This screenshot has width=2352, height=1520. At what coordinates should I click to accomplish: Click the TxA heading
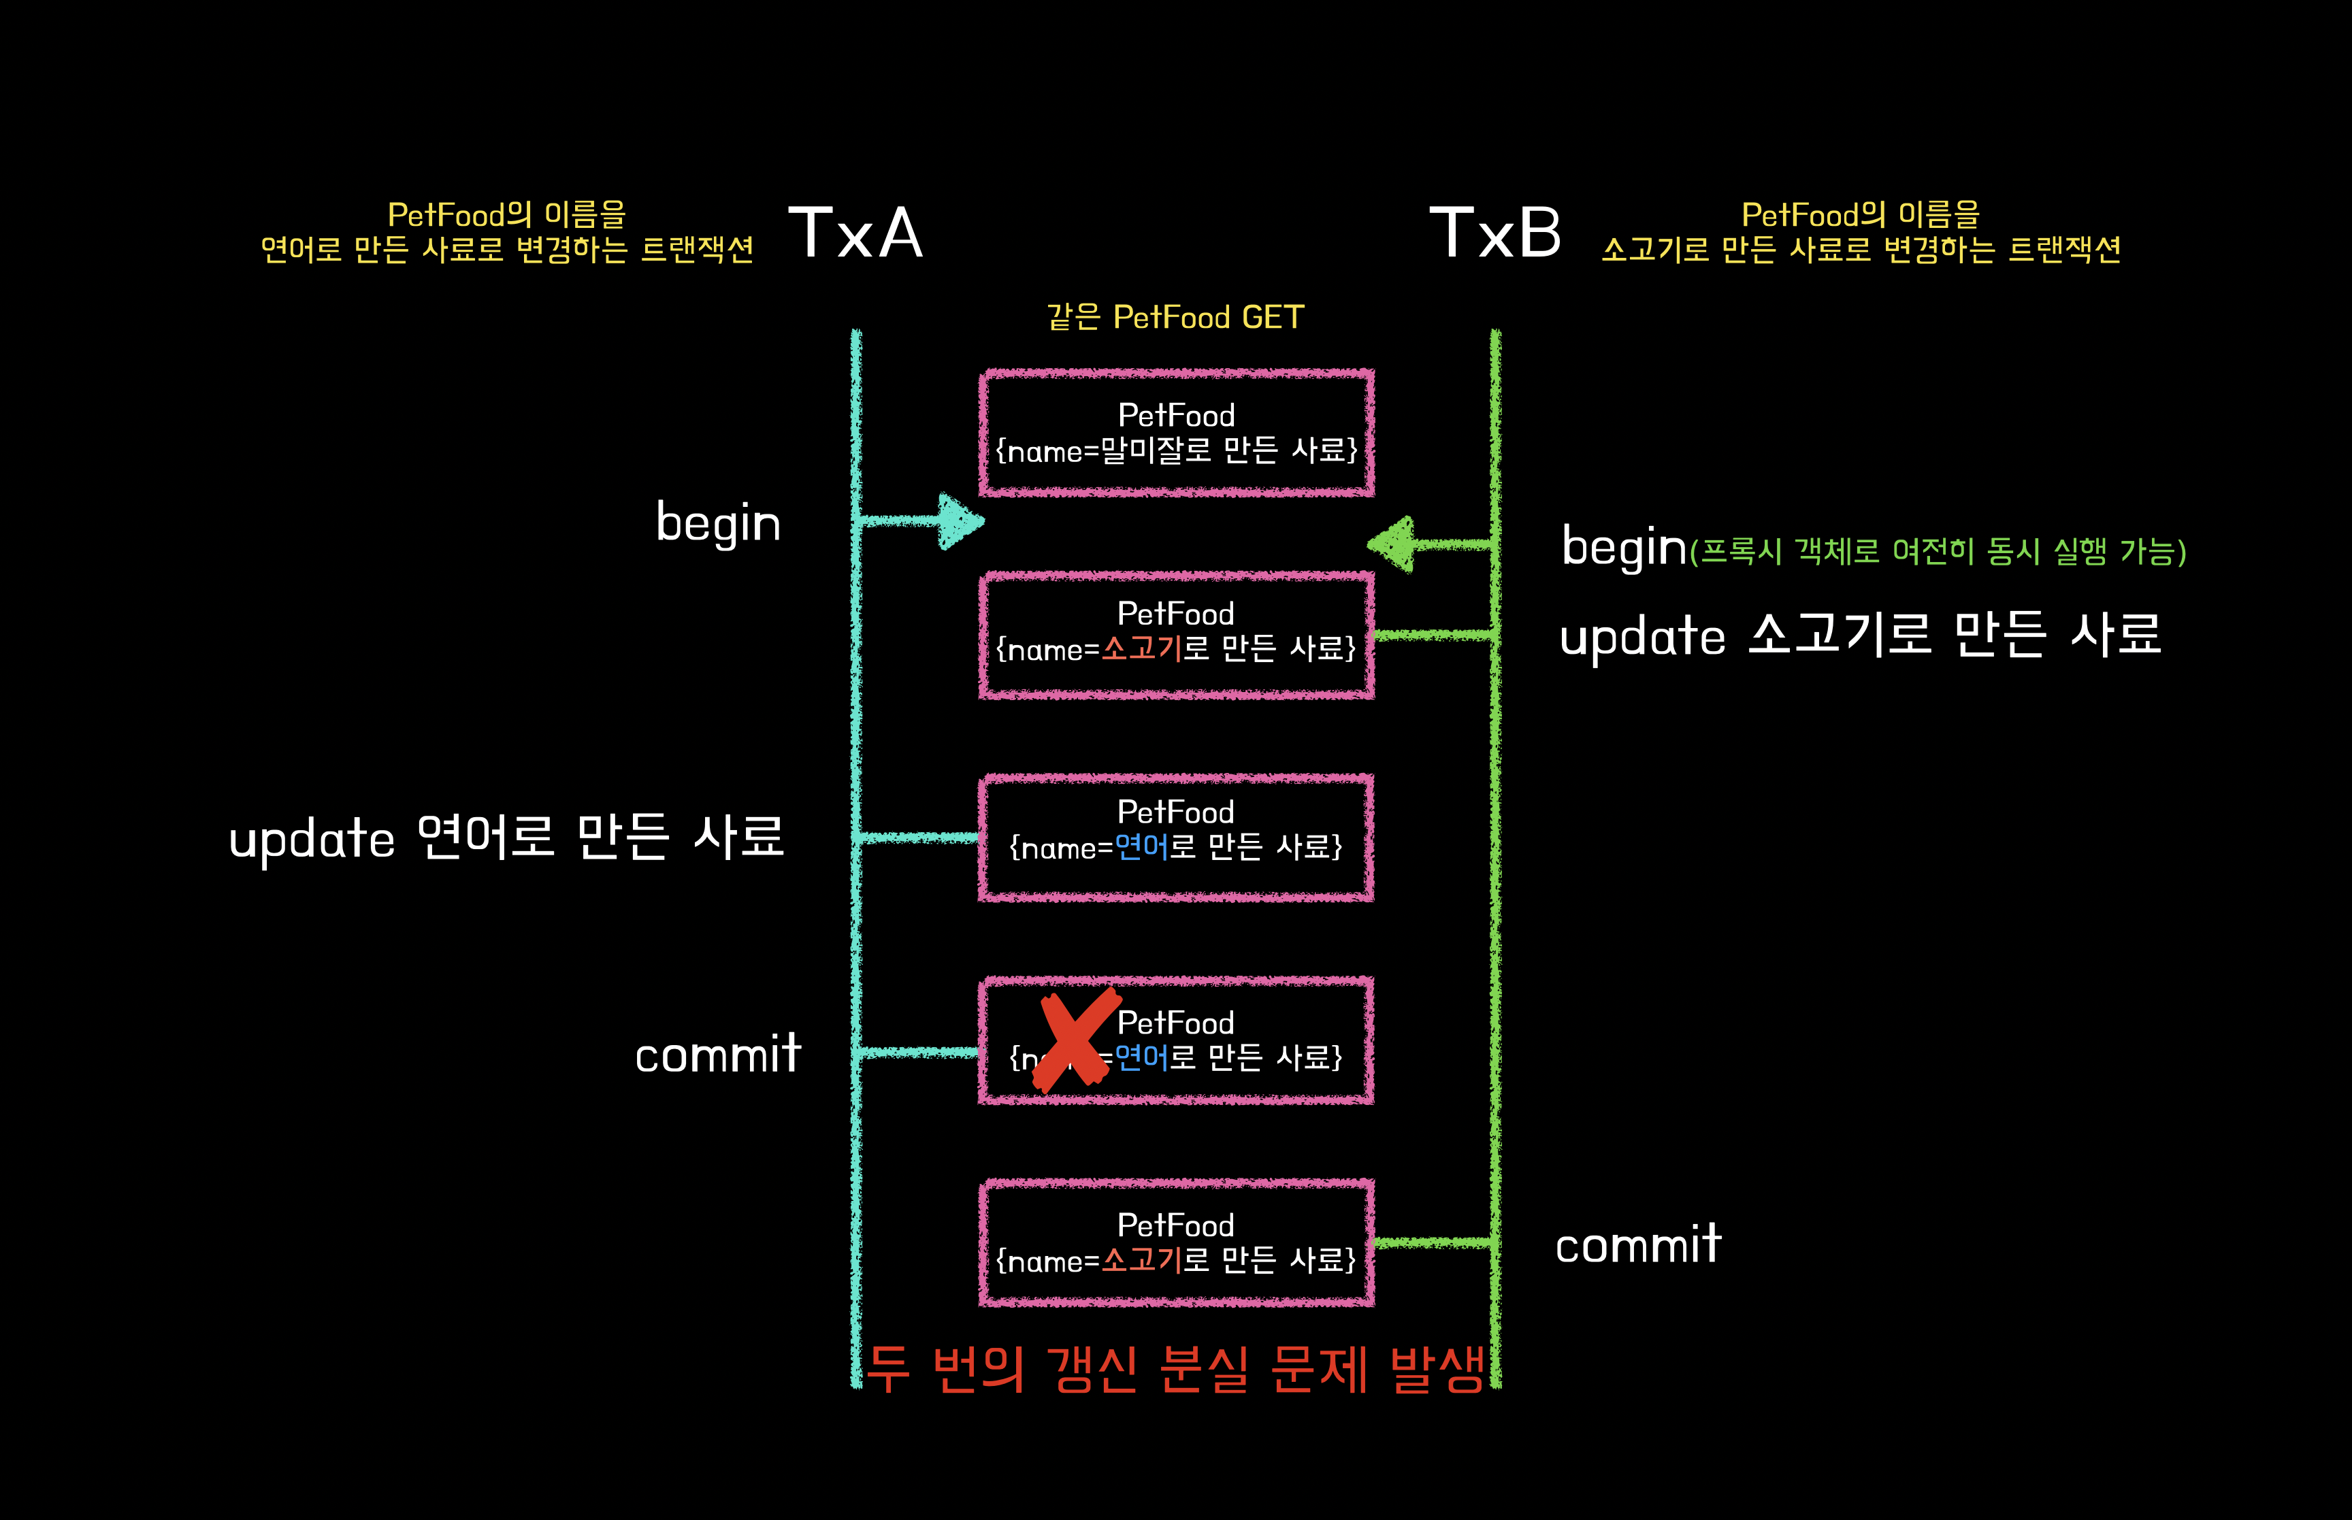coord(855,234)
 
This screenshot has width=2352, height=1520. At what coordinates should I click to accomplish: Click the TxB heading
coord(1495,234)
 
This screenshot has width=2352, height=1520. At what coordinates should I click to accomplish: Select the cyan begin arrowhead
coord(958,521)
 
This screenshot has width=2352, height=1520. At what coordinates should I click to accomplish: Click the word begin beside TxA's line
coord(717,523)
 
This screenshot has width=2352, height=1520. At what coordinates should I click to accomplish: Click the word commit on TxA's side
coord(717,1054)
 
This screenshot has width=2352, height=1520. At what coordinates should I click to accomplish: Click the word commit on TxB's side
coord(1637,1244)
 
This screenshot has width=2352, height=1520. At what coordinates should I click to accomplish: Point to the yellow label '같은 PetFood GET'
coord(1175,317)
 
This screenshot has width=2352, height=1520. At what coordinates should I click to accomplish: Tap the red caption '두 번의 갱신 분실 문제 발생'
coord(1175,1369)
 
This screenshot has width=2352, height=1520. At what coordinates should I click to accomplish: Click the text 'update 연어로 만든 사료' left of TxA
coord(506,839)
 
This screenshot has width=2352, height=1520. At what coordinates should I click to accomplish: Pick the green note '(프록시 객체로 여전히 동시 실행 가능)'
coord(1938,550)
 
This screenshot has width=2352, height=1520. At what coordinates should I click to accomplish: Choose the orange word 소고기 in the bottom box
coord(1141,1260)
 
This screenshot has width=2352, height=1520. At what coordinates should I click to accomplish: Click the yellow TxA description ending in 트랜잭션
coord(506,232)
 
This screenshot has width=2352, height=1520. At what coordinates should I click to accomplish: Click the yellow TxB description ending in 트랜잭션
coord(1861,232)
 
